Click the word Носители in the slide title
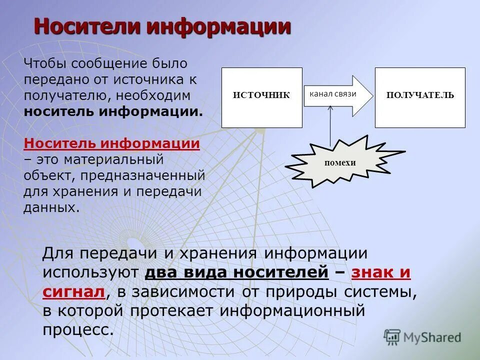(x=87, y=26)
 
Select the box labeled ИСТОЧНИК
(x=261, y=95)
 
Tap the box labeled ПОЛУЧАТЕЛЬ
(x=420, y=95)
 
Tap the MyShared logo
(x=422, y=337)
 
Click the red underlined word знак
(x=372, y=272)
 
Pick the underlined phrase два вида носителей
(x=236, y=272)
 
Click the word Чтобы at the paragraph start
(x=45, y=63)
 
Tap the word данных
(x=51, y=207)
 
